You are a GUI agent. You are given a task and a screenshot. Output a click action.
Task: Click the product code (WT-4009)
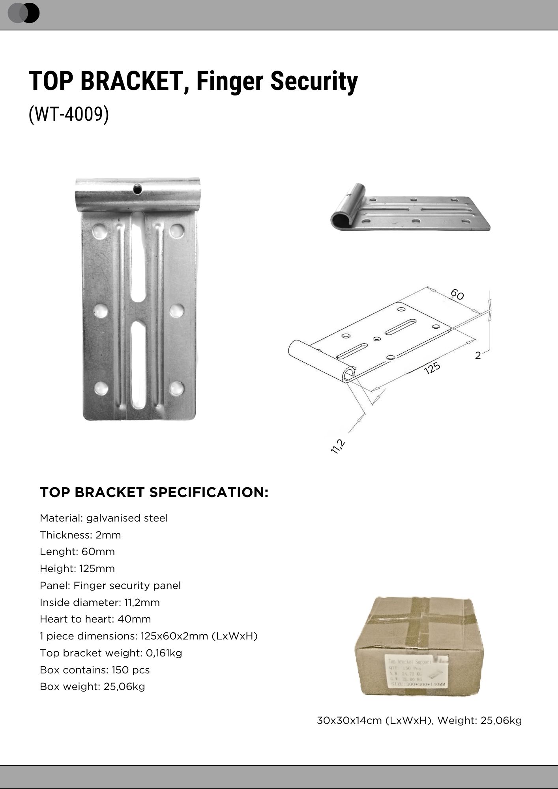[x=69, y=114]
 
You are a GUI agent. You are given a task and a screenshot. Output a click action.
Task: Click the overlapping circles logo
[x=24, y=13]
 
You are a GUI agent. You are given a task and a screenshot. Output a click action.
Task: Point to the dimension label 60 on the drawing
[x=457, y=294]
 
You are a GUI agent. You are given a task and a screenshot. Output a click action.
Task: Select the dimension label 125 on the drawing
[x=432, y=368]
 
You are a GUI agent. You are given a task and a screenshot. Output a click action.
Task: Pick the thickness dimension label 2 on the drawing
[x=478, y=356]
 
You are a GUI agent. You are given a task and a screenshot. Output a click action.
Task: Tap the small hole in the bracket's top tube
[x=138, y=189]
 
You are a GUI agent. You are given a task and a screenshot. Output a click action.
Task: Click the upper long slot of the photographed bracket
[x=138, y=256]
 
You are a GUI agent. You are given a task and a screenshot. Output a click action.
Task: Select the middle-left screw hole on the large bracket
[x=101, y=311]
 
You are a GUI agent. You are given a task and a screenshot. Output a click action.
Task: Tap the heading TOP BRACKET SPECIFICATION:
[x=154, y=492]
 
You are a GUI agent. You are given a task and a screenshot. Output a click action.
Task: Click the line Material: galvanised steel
[x=104, y=518]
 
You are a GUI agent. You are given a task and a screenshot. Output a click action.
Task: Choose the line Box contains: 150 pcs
[x=95, y=670]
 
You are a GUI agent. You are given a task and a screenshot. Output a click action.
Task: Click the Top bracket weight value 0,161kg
[x=164, y=653]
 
